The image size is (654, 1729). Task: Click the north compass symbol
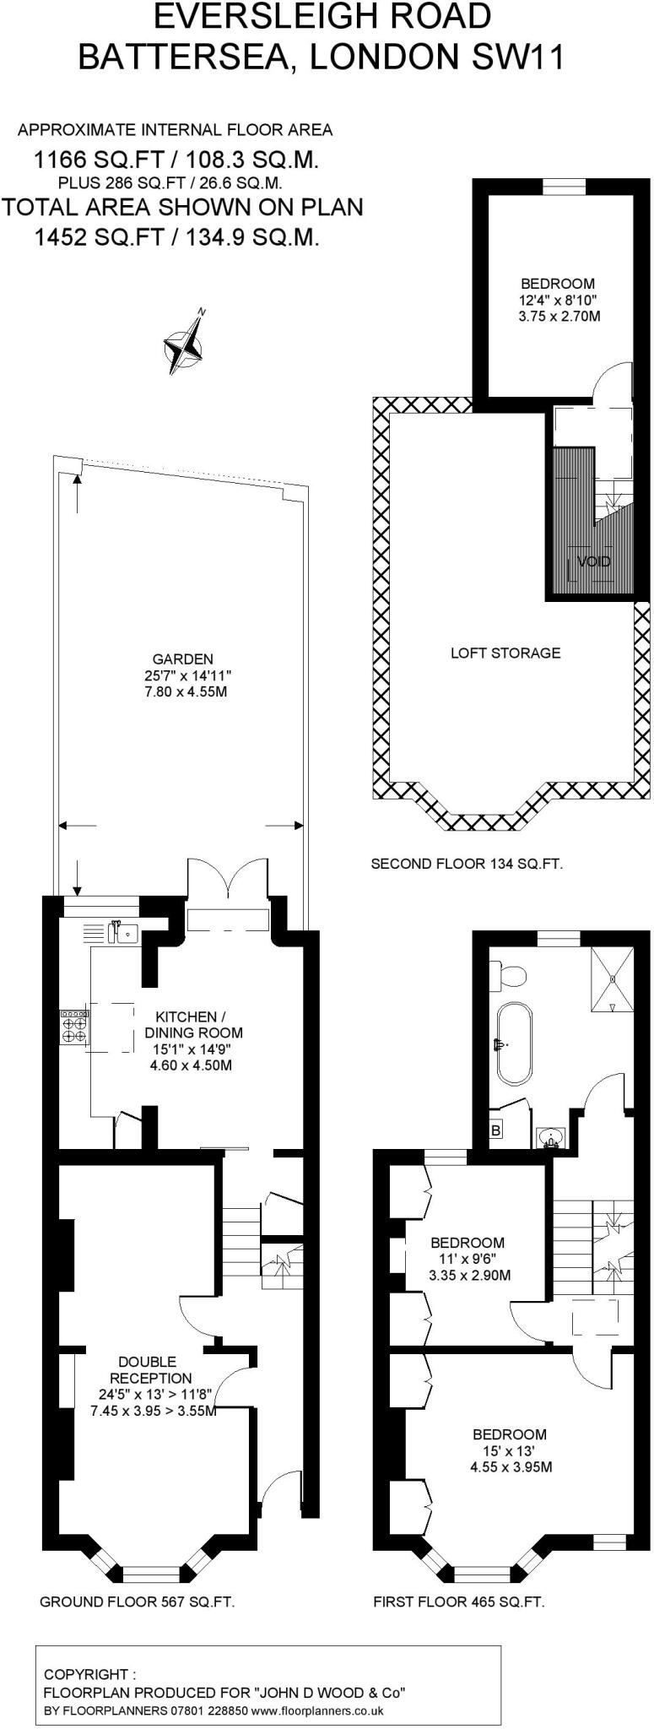coord(185,344)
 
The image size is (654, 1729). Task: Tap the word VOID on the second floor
coord(594,561)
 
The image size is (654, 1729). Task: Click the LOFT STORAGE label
coord(505,653)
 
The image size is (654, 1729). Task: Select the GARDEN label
coord(182,659)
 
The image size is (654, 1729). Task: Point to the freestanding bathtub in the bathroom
coord(513,1043)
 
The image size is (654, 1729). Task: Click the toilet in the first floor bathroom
coord(510,977)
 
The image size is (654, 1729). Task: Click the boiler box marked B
coord(496,1130)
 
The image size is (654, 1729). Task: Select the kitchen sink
coord(125,933)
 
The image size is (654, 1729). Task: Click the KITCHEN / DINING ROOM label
coord(193,1025)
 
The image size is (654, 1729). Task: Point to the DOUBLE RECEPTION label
coord(148,1369)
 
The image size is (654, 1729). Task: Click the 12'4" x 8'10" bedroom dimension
coord(558,300)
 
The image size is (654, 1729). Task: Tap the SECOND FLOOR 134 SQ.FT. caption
coord(467,864)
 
